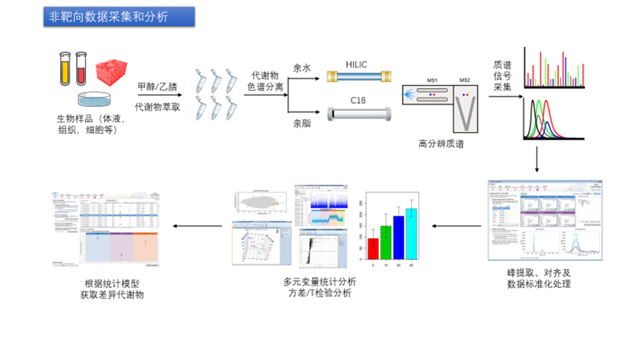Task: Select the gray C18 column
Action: (x=359, y=114)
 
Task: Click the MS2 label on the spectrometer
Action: (x=465, y=80)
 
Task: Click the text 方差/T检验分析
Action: (x=319, y=294)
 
